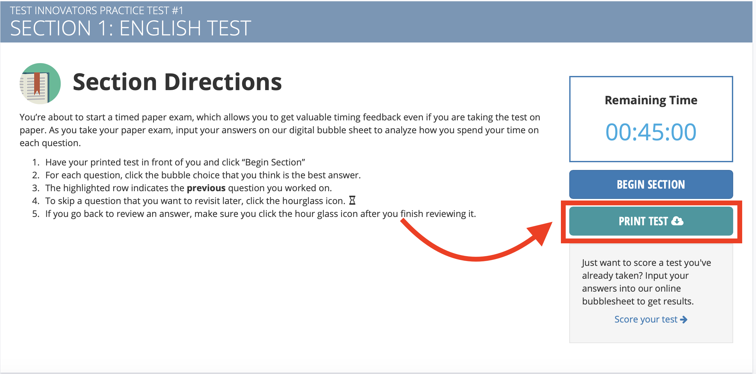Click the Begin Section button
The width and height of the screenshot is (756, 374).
[x=651, y=184]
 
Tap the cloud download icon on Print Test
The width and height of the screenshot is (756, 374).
[x=677, y=221]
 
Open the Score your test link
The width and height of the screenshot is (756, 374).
[x=651, y=319]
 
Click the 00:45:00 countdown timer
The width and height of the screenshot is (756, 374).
[x=651, y=132]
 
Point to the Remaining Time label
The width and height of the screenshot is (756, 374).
[x=651, y=100]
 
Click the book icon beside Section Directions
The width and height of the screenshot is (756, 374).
[x=40, y=83]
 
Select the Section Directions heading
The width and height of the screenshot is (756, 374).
[x=177, y=82]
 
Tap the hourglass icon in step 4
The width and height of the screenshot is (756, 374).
[x=352, y=201]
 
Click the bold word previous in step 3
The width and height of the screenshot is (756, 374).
[x=206, y=188]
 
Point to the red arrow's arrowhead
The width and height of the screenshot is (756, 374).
[x=541, y=232]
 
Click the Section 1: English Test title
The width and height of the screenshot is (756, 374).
[x=130, y=28]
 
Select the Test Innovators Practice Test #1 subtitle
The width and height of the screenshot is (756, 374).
[x=96, y=11]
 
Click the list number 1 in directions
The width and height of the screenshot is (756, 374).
[x=35, y=162]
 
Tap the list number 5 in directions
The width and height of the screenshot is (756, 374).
[x=35, y=214]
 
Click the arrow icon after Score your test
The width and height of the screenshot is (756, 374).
[x=684, y=320]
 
